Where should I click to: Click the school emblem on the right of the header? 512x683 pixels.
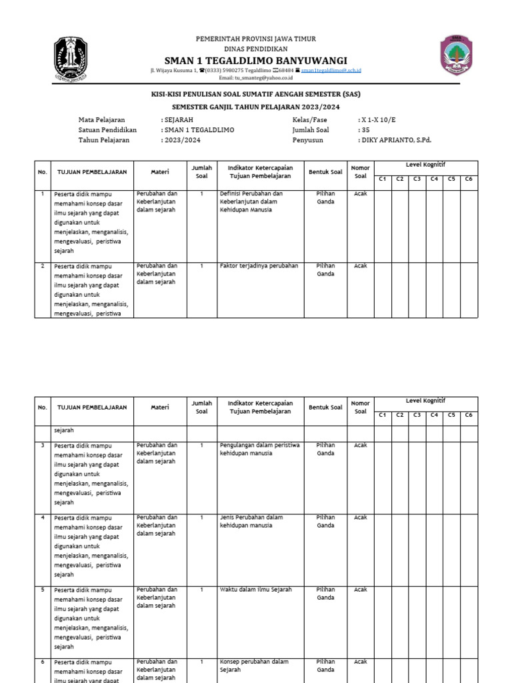point(457,55)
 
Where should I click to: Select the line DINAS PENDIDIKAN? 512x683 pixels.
point(255,49)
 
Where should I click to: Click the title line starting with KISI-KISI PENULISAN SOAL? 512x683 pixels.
point(255,95)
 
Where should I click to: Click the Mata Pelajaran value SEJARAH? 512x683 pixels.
point(174,119)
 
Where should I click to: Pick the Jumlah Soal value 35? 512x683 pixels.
point(364,130)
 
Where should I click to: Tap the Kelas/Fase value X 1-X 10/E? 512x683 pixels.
point(378,119)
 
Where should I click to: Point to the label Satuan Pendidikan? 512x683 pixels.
point(107,130)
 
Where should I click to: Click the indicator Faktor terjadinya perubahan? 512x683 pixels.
point(259,265)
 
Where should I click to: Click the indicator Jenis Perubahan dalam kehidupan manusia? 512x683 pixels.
point(251,521)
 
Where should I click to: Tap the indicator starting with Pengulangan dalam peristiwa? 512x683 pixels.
point(259,449)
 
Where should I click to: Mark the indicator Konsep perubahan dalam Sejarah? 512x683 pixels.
point(253,666)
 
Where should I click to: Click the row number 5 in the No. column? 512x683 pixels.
point(43,590)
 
